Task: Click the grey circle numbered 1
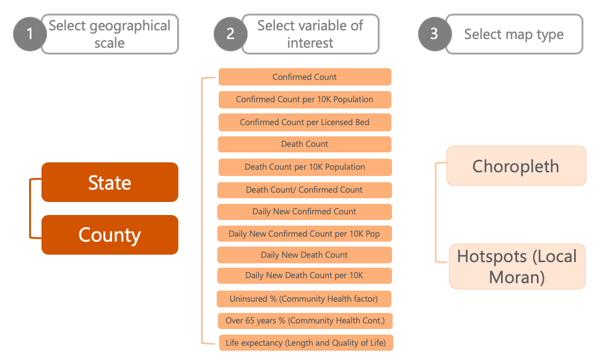point(30,35)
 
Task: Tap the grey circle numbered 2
point(230,35)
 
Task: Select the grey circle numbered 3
point(434,34)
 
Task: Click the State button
point(110,182)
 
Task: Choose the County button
point(110,235)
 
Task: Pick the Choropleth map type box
point(516,166)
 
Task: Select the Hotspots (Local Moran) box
point(517,266)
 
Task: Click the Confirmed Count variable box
point(305,77)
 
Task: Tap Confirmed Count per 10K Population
point(305,99)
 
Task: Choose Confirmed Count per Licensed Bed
point(305,122)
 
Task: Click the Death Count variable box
point(305,144)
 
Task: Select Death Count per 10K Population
point(305,167)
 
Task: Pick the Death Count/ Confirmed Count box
point(305,190)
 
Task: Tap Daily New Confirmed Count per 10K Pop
point(304,234)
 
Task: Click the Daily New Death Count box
point(304,255)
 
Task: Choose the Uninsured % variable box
point(303,299)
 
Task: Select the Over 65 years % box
point(305,320)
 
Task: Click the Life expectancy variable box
point(305,343)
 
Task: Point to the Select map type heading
point(514,34)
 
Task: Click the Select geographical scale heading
point(110,34)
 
